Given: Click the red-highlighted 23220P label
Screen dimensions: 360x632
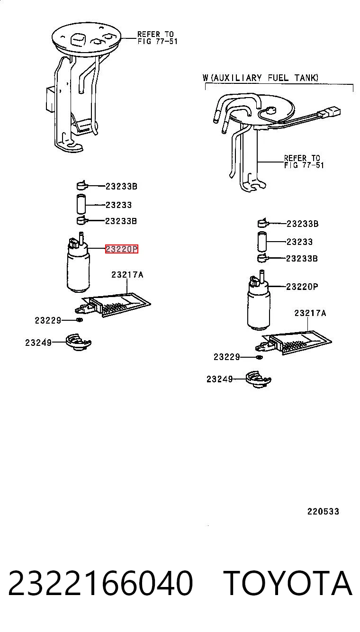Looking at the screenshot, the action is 122,249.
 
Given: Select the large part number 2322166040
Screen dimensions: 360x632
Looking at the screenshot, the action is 100,583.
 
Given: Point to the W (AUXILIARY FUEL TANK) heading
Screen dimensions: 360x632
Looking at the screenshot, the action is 261,78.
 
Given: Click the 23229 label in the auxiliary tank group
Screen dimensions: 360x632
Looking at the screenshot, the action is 226,357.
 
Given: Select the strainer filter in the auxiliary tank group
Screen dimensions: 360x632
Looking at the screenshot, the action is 293,342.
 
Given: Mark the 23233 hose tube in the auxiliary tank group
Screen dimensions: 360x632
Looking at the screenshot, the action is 261,241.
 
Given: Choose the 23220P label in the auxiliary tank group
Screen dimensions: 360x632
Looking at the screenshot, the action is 302,287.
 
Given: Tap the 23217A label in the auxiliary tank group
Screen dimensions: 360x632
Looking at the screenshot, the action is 310,313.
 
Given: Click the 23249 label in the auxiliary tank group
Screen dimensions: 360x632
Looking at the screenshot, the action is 219,379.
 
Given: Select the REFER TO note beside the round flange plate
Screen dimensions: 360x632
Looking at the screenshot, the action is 157,37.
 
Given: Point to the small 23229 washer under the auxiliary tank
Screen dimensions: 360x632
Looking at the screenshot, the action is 260,357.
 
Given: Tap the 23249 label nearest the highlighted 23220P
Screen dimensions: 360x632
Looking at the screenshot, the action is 38,343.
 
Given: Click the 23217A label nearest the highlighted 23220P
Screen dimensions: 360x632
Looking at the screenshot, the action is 127,274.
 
